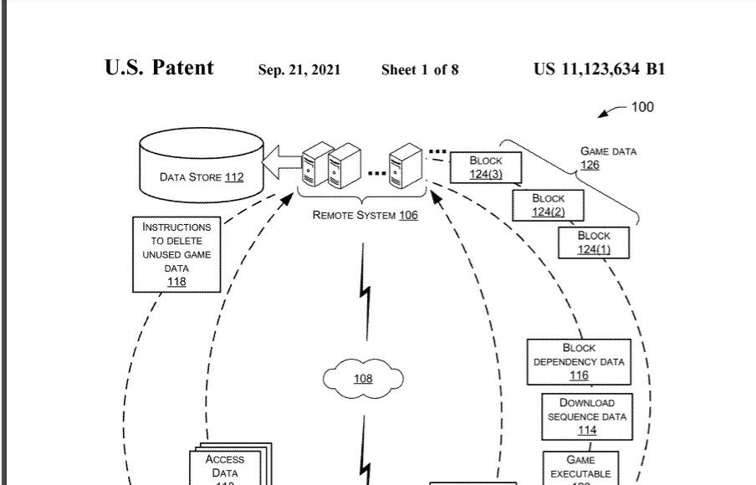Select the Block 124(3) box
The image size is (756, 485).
[485, 166]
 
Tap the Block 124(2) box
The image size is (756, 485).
[548, 205]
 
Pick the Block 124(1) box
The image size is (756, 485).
[593, 242]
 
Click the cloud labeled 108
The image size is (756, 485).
[362, 379]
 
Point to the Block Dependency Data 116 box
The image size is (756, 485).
[579, 361]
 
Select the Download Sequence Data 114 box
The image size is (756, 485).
[586, 416]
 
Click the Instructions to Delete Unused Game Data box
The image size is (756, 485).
[176, 254]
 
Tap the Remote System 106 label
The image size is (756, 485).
[365, 215]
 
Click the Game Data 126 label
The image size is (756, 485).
[608, 158]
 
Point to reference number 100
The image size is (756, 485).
[641, 107]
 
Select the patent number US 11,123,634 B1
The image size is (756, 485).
[599, 69]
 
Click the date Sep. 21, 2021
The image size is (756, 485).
[299, 70]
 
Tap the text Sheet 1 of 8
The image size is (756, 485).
[420, 70]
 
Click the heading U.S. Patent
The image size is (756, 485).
[159, 69]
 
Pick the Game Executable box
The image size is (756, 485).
[580, 467]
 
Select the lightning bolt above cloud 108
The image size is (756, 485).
[365, 288]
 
